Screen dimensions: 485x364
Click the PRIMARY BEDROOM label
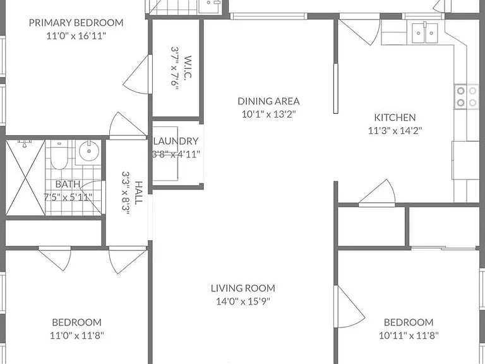tap(76, 23)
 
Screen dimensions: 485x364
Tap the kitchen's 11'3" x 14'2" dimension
tap(395, 131)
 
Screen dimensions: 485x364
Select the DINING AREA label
tap(268, 101)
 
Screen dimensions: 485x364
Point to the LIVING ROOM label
tap(242, 288)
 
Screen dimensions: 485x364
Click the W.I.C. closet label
tap(188, 68)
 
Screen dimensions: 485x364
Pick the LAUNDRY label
tap(176, 141)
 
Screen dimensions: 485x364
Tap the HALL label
tap(138, 193)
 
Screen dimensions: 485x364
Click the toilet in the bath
tap(59, 155)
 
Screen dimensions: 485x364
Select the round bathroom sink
tap(89, 152)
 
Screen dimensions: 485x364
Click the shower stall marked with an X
tap(26, 178)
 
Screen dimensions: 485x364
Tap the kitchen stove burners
tap(467, 97)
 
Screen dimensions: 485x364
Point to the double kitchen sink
tap(424, 32)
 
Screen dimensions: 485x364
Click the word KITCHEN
tap(395, 118)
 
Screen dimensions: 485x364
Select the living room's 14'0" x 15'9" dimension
tap(242, 301)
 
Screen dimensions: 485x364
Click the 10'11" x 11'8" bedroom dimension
tap(409, 335)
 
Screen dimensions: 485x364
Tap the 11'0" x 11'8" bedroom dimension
tap(76, 335)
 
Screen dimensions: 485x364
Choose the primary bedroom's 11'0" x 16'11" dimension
tap(76, 36)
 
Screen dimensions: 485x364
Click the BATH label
tap(68, 184)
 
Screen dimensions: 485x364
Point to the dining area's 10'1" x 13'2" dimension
tap(268, 114)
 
